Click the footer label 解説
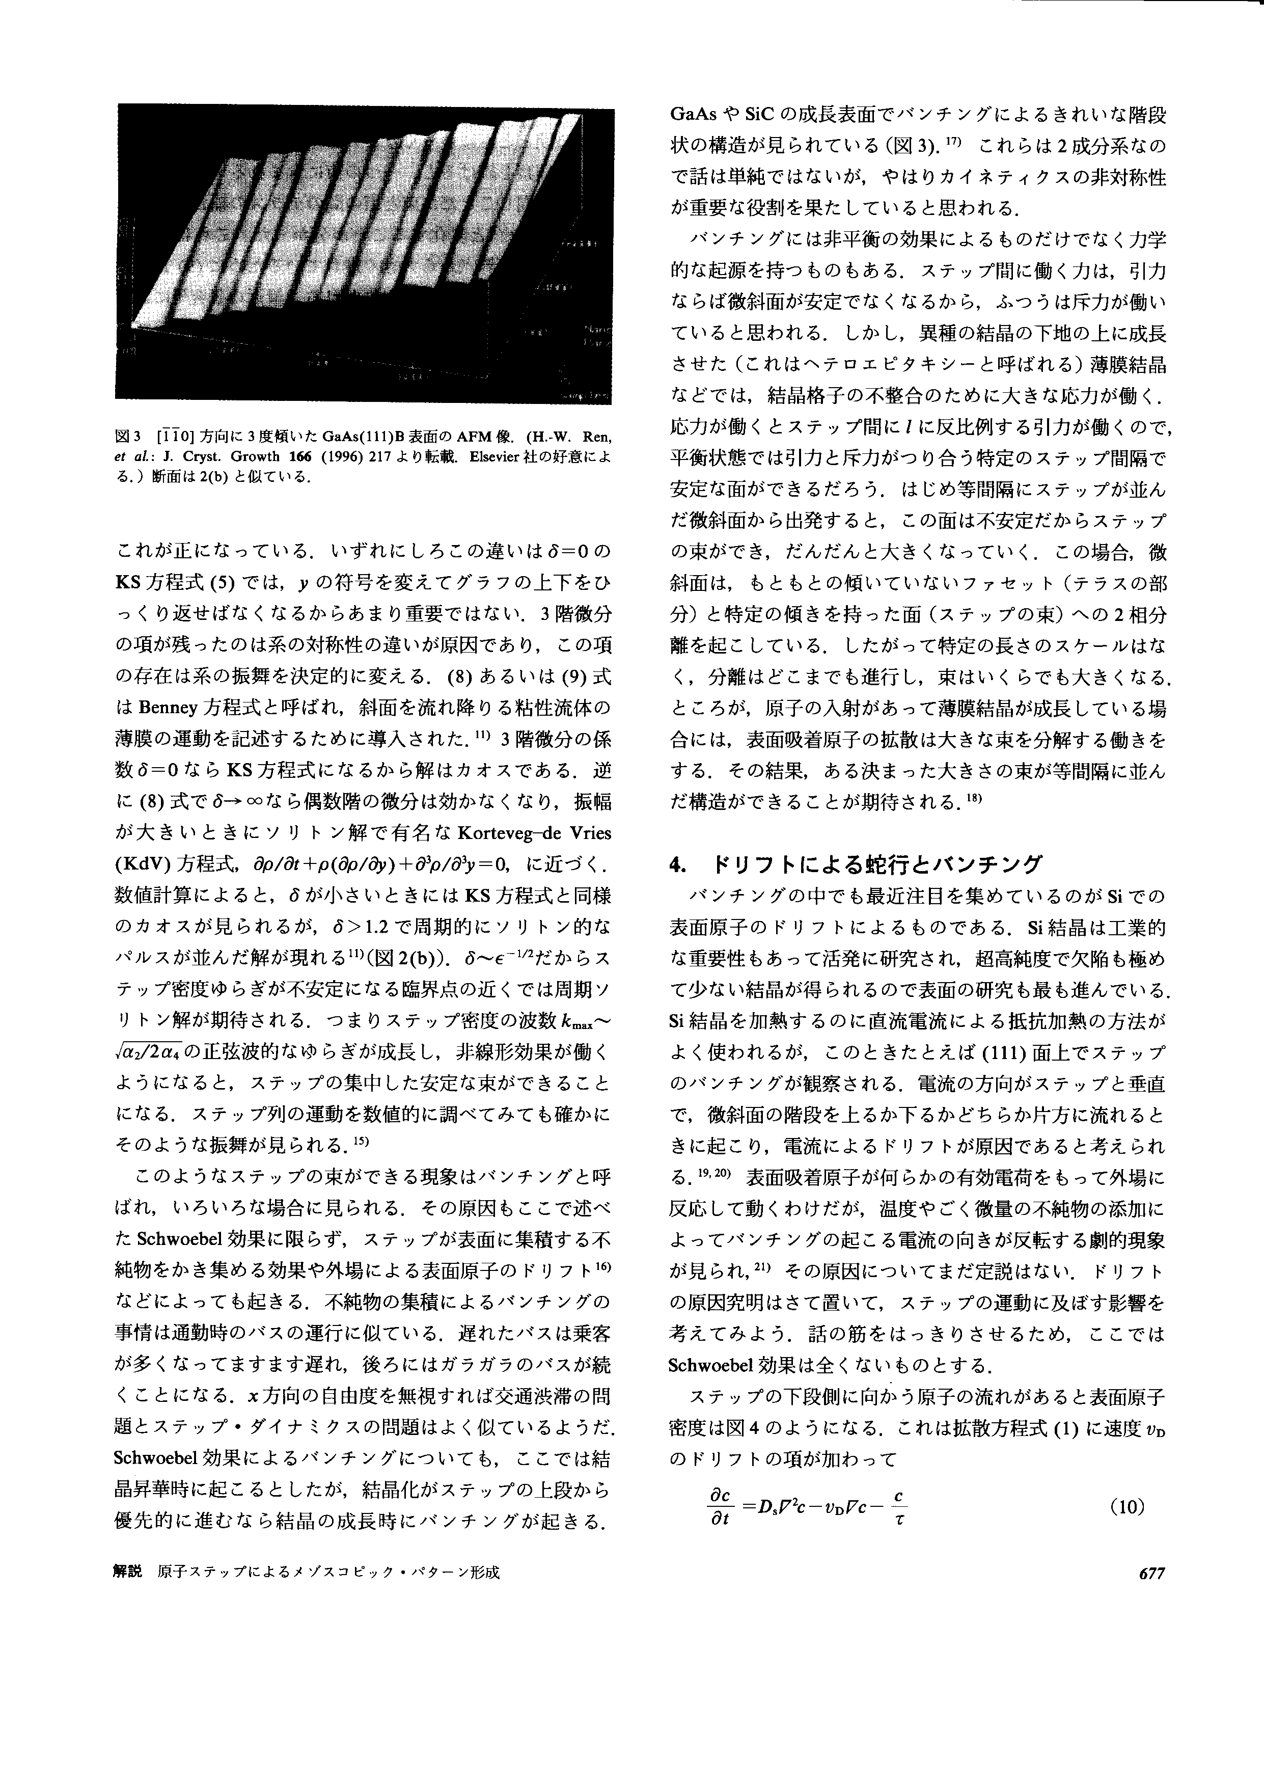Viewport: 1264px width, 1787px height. [128, 1572]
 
